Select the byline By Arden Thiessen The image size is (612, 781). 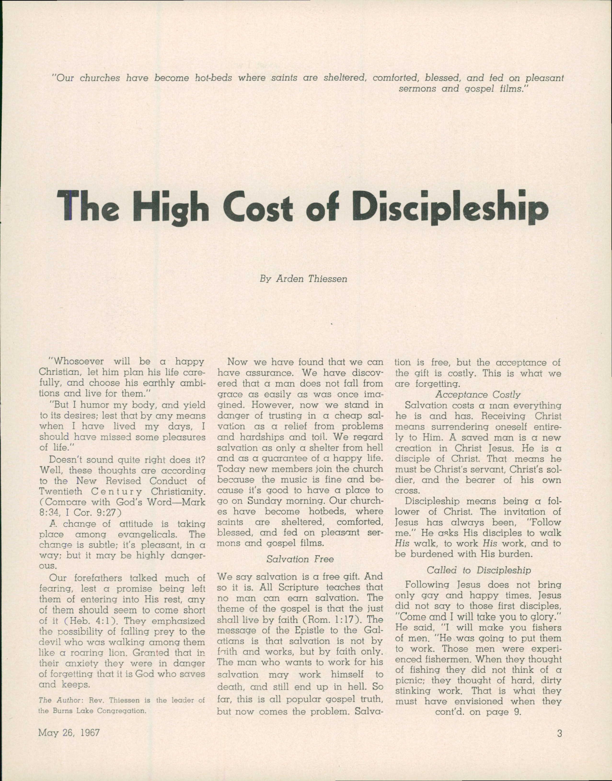click(303, 279)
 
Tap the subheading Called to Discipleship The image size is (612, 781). click(479, 319)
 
